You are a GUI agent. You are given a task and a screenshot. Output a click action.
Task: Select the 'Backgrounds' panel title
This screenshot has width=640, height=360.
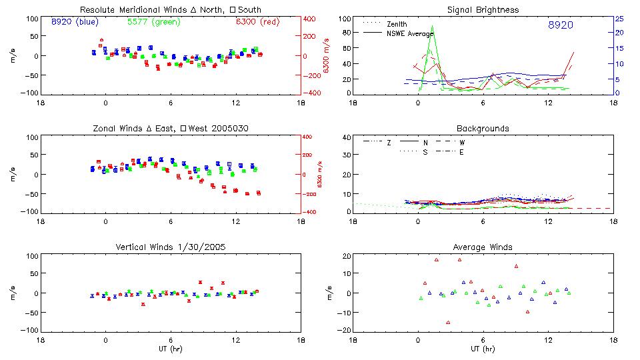[x=483, y=128]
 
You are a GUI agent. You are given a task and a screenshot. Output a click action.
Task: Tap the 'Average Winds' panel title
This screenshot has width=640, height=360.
[x=483, y=247]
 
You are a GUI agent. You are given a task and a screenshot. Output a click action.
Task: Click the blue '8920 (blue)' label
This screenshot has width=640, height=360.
[x=75, y=22]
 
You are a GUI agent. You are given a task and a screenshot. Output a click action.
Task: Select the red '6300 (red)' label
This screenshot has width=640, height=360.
[x=257, y=22]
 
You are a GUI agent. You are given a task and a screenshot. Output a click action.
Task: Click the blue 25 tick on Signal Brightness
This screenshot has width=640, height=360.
[x=619, y=19]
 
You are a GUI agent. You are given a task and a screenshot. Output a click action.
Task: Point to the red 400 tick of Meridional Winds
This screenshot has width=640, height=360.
[x=311, y=19]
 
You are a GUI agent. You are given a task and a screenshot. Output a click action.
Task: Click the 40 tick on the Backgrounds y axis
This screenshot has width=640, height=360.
[x=346, y=137]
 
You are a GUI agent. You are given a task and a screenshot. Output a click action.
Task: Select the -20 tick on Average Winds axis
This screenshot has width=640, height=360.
[x=344, y=331]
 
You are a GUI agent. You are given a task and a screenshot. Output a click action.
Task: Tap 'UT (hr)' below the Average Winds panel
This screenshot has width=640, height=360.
[x=483, y=349]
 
